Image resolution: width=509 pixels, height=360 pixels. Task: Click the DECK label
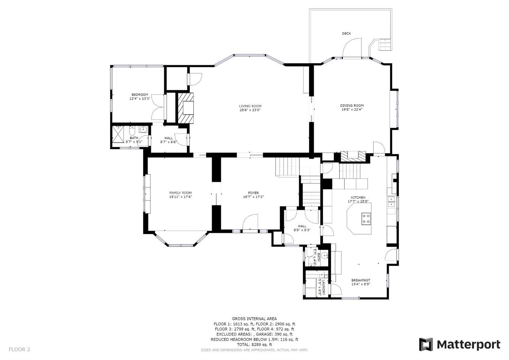(346, 34)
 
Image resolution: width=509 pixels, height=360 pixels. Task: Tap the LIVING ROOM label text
(250, 106)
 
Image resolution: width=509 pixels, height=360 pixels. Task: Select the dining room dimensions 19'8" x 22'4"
(352, 109)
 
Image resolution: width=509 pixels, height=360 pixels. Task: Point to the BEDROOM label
(140, 95)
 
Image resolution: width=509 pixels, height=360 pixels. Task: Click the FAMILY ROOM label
(181, 193)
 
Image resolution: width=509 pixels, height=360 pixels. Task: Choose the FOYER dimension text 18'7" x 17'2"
(253, 197)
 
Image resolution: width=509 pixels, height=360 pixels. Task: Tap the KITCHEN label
(358, 197)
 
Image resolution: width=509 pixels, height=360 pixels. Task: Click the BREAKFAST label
(361, 280)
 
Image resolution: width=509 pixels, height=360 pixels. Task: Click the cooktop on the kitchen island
(366, 218)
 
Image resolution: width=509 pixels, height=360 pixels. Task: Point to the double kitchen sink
(391, 202)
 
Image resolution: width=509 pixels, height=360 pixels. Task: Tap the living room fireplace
(185, 108)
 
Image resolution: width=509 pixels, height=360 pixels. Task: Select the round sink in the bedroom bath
(143, 129)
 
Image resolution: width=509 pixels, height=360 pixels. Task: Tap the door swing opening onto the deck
(352, 48)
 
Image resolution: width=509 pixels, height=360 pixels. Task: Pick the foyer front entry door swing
(250, 222)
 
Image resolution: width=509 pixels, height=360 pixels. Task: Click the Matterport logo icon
(426, 344)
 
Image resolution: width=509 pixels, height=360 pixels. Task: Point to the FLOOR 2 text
(19, 349)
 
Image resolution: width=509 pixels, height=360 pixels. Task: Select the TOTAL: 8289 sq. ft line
(254, 344)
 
